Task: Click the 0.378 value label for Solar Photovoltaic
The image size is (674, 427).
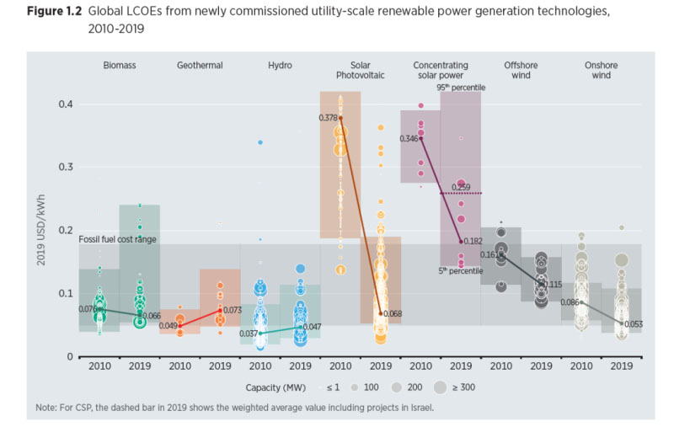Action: (x=329, y=118)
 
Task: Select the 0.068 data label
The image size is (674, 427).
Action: (x=393, y=314)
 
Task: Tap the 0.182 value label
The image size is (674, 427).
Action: (x=473, y=242)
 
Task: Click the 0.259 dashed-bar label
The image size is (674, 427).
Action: (x=461, y=186)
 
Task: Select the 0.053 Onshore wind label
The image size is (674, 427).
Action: (x=632, y=323)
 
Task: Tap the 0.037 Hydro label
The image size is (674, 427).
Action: (x=250, y=334)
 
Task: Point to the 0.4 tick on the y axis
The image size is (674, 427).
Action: (x=66, y=104)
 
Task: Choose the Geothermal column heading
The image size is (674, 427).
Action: (x=200, y=65)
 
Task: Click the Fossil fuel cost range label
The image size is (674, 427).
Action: (x=118, y=240)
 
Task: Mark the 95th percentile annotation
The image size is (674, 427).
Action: (x=460, y=88)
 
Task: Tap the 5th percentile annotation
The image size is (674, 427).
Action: (x=461, y=270)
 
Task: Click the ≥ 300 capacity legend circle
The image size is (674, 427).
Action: (x=441, y=387)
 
